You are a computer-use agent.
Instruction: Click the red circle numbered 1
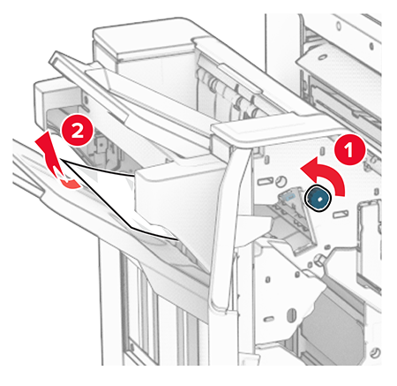click(349, 149)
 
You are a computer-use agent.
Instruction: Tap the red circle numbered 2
click(77, 131)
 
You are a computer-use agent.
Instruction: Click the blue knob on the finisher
click(318, 199)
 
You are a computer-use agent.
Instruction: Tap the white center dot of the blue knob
click(318, 199)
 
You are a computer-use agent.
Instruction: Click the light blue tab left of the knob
click(288, 195)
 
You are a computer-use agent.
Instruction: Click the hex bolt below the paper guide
click(319, 260)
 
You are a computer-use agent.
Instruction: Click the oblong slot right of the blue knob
click(341, 214)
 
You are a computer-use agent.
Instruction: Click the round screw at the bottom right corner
click(376, 352)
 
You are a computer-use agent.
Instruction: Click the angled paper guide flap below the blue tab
click(297, 223)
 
